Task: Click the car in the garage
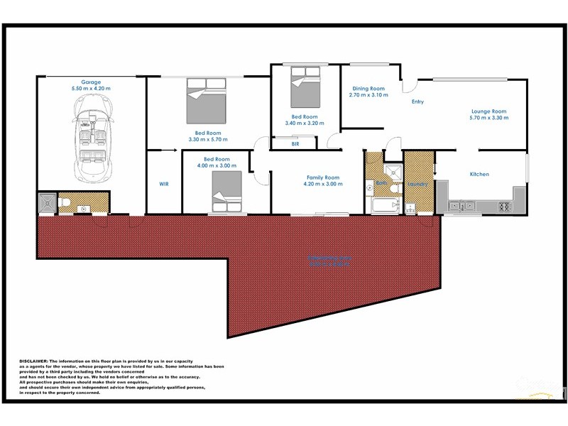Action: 93,139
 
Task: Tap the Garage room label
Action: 91,82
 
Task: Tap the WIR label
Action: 163,184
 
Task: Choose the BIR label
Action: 295,144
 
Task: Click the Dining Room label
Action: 368,89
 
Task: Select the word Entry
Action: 417,102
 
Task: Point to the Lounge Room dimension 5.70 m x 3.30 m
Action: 489,117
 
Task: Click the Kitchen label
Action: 479,174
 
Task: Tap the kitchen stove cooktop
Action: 505,207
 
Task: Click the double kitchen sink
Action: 464,207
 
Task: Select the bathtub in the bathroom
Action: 384,207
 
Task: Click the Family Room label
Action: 323,177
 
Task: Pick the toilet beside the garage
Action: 63,204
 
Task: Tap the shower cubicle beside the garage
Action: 46,203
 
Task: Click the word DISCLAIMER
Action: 33,361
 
